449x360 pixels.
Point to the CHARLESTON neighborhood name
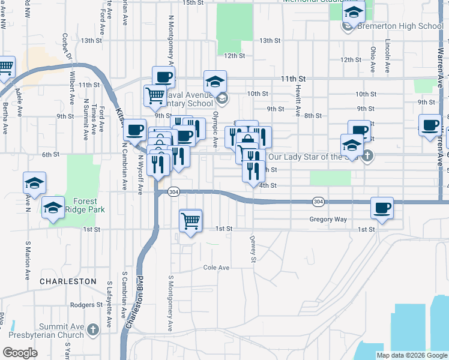[x=68, y=281]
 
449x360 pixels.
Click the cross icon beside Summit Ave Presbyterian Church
[x=92, y=329]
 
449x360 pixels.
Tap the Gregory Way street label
[x=328, y=220]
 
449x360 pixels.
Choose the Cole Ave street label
[x=216, y=268]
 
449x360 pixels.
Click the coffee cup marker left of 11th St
[x=163, y=77]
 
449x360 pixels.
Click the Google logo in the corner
[x=20, y=352]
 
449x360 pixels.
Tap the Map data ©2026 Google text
[x=412, y=355]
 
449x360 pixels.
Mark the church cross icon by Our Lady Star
[x=367, y=157]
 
